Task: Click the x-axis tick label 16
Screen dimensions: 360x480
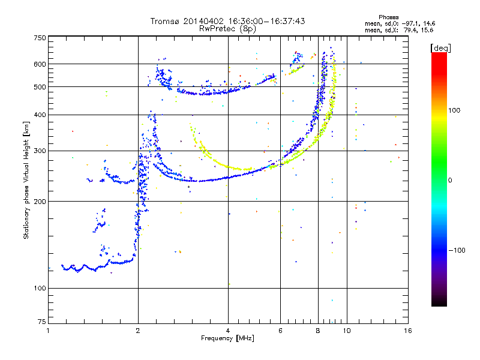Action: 408,331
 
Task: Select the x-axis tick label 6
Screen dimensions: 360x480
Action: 280,331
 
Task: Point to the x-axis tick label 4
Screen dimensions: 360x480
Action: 228,331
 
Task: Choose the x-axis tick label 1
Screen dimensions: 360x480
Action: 48,331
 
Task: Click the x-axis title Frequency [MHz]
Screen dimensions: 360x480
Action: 228,339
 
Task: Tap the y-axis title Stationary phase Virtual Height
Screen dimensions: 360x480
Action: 26,180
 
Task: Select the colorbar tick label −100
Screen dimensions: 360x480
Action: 458,250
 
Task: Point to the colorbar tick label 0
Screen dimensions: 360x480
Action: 451,180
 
